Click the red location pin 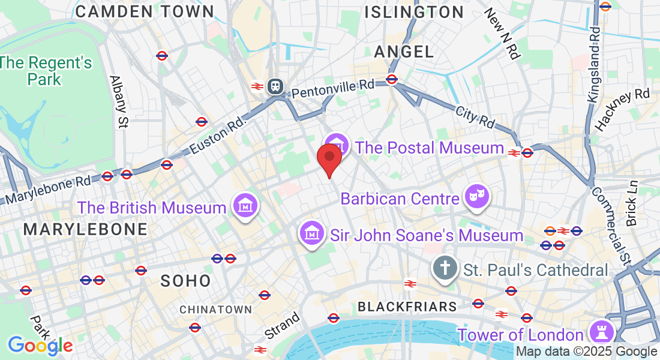(x=329, y=157)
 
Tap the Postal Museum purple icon (x=338, y=145)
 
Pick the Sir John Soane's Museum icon (x=312, y=233)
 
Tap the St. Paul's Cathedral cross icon (x=445, y=268)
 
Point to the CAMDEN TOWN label (x=145, y=11)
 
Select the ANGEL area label (x=404, y=52)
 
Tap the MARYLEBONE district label (x=85, y=229)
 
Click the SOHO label (x=186, y=281)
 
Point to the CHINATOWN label (x=216, y=310)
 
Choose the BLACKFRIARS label (x=407, y=307)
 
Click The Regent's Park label (x=46, y=70)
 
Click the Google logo (x=40, y=345)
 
